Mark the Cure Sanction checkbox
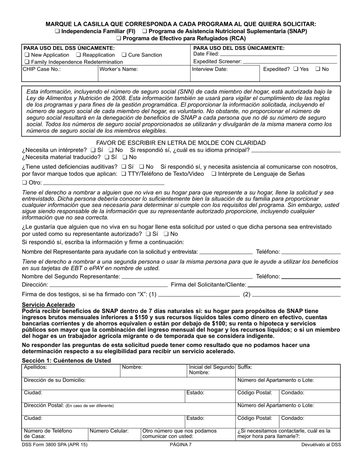[x=124, y=55]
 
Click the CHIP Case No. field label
[x=42, y=69]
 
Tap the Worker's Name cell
[x=144, y=74]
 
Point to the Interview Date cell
[x=224, y=74]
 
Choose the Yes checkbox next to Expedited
[x=296, y=69]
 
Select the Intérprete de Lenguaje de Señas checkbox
[x=214, y=174]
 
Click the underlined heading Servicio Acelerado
[x=48, y=304]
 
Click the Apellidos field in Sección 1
[x=71, y=371]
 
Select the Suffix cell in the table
[x=288, y=371]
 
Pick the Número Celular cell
[x=114, y=434]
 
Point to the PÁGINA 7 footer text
[x=181, y=444]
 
